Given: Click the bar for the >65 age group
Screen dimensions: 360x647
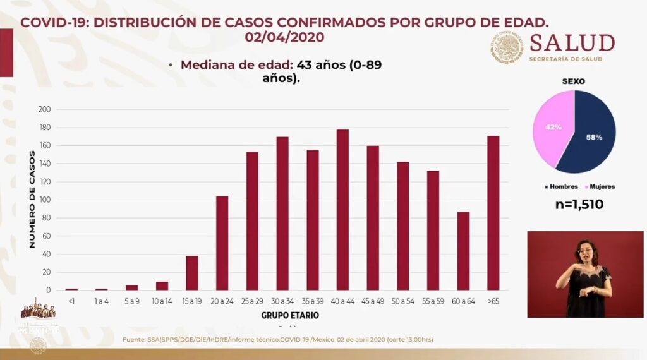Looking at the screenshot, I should [493, 213].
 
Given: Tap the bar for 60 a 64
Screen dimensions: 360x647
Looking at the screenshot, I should [463, 251].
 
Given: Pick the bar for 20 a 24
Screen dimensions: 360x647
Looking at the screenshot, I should [222, 243].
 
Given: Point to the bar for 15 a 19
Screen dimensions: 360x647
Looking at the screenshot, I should [192, 273].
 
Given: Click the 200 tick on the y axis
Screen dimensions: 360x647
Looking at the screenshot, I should [44, 109].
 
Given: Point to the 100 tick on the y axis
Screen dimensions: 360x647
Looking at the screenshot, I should [44, 200].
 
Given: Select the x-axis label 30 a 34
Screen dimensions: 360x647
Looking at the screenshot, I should [282, 302].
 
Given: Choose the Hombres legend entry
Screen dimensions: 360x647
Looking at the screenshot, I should [563, 186].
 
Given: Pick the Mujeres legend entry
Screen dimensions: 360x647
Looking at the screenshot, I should [602, 186].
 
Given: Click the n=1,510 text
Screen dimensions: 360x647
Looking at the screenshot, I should [574, 204].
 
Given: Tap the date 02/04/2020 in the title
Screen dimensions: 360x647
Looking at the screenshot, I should [284, 37].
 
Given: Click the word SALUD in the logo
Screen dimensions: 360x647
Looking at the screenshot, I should [572, 43].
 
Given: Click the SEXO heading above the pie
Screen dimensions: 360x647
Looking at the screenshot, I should [574, 81].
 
